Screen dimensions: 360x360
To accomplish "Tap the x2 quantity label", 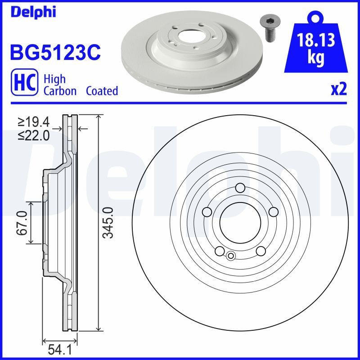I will [339, 90].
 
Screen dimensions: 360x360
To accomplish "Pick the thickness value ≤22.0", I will [33, 135].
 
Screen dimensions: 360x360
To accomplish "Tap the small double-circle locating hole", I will [231, 256].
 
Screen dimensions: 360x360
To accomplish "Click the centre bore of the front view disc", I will [240, 222].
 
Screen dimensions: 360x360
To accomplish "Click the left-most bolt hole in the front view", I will [207, 211].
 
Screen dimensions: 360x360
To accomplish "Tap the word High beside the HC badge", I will [54, 79].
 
